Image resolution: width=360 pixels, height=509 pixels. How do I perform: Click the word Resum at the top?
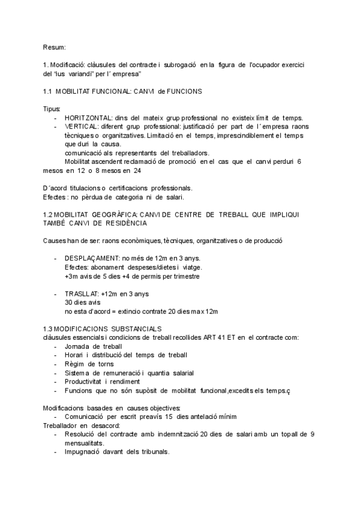pyautogui.click(x=54, y=47)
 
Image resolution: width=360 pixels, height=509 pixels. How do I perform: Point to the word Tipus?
pyautogui.click(x=52, y=109)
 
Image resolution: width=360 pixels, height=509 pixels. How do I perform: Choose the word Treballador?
pyautogui.click(x=61, y=425)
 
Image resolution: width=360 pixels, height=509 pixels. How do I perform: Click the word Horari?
pyautogui.click(x=75, y=355)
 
